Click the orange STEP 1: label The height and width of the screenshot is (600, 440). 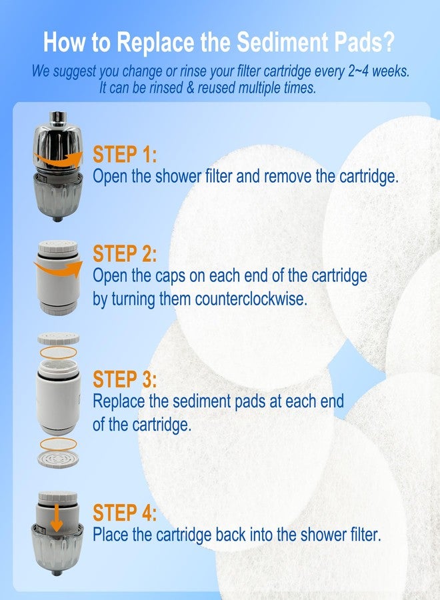[125, 155]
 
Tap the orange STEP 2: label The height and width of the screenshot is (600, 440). [125, 254]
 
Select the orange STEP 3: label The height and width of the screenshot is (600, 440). [125, 380]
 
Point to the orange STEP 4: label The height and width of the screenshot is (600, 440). [125, 513]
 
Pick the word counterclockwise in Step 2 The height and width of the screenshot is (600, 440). [251, 299]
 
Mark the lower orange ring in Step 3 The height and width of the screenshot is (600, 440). [58, 443]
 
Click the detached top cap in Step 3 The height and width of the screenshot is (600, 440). [58, 338]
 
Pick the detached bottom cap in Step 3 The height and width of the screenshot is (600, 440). [58, 459]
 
